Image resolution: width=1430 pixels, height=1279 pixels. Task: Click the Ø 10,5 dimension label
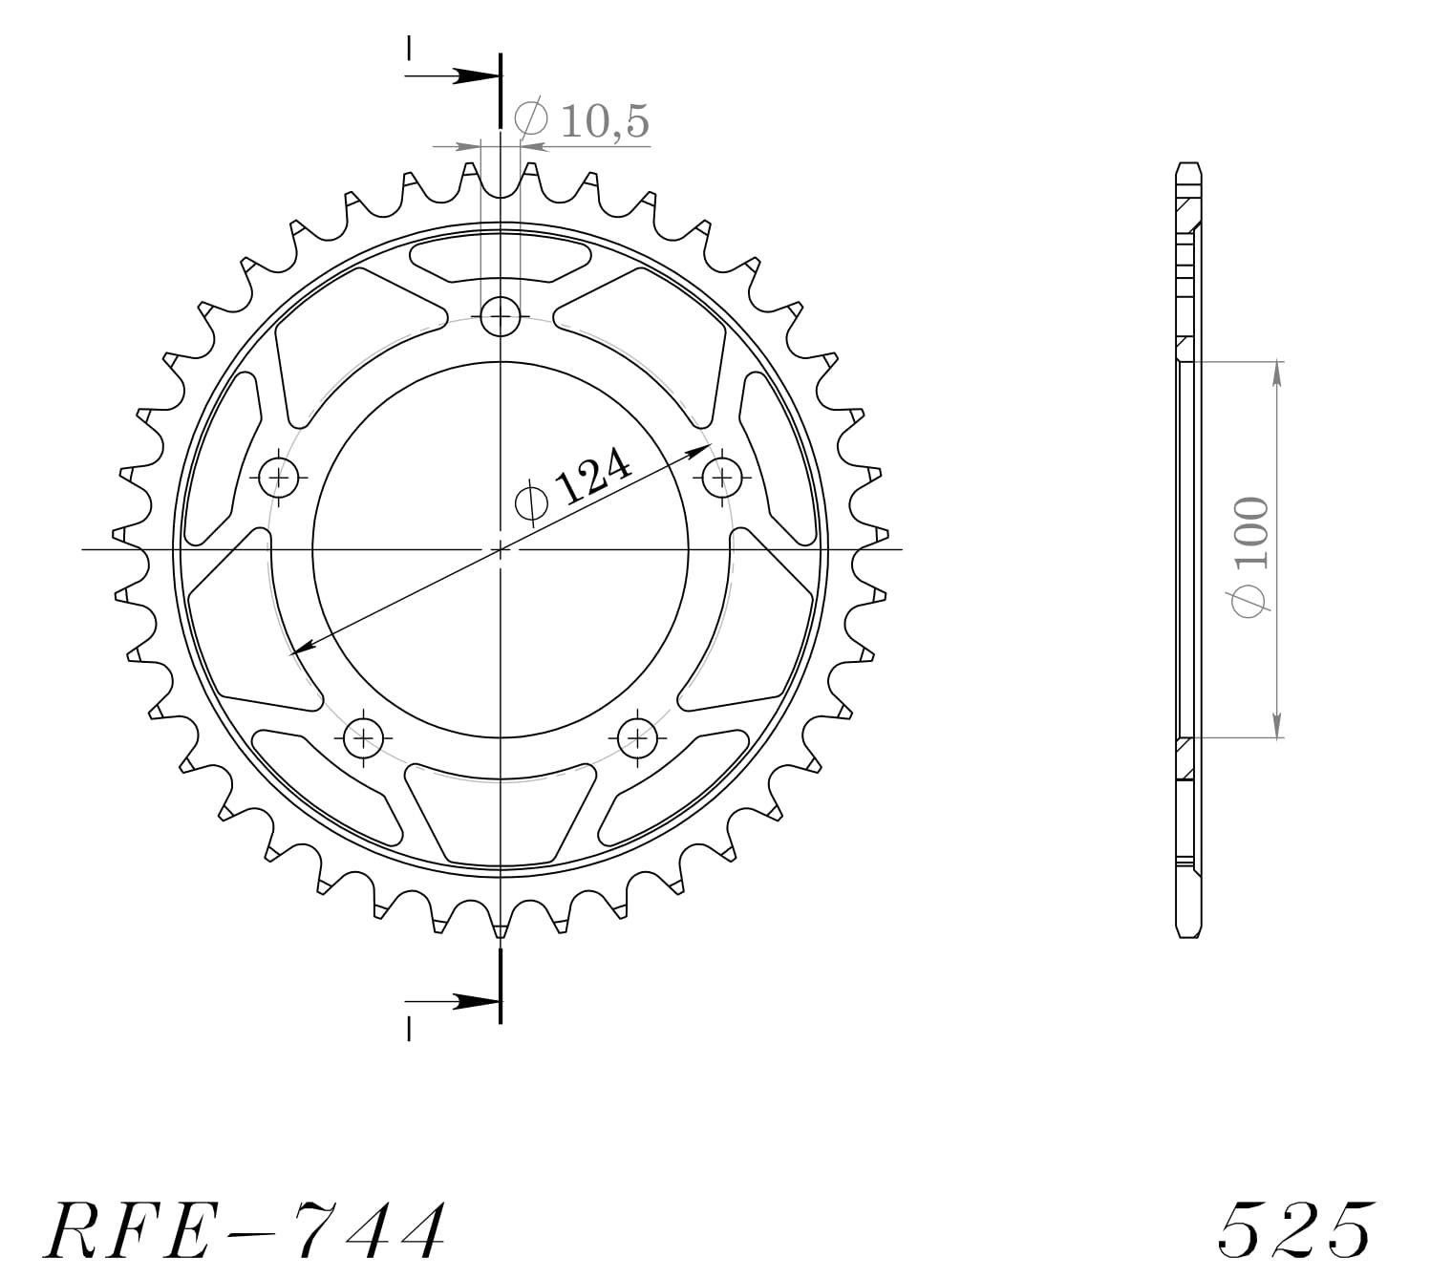tap(583, 120)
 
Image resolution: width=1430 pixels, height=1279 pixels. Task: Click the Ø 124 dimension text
tap(573, 486)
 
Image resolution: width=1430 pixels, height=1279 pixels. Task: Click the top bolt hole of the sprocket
tap(501, 316)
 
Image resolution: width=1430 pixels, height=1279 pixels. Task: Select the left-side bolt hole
tap(280, 475)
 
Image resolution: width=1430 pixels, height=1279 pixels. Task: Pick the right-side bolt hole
tap(722, 475)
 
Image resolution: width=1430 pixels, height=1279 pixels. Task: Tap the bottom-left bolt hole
tap(363, 736)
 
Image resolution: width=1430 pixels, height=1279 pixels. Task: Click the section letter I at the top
tap(409, 48)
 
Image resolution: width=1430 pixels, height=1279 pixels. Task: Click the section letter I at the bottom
tap(409, 1029)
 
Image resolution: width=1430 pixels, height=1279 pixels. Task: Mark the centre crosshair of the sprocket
tap(501, 549)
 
